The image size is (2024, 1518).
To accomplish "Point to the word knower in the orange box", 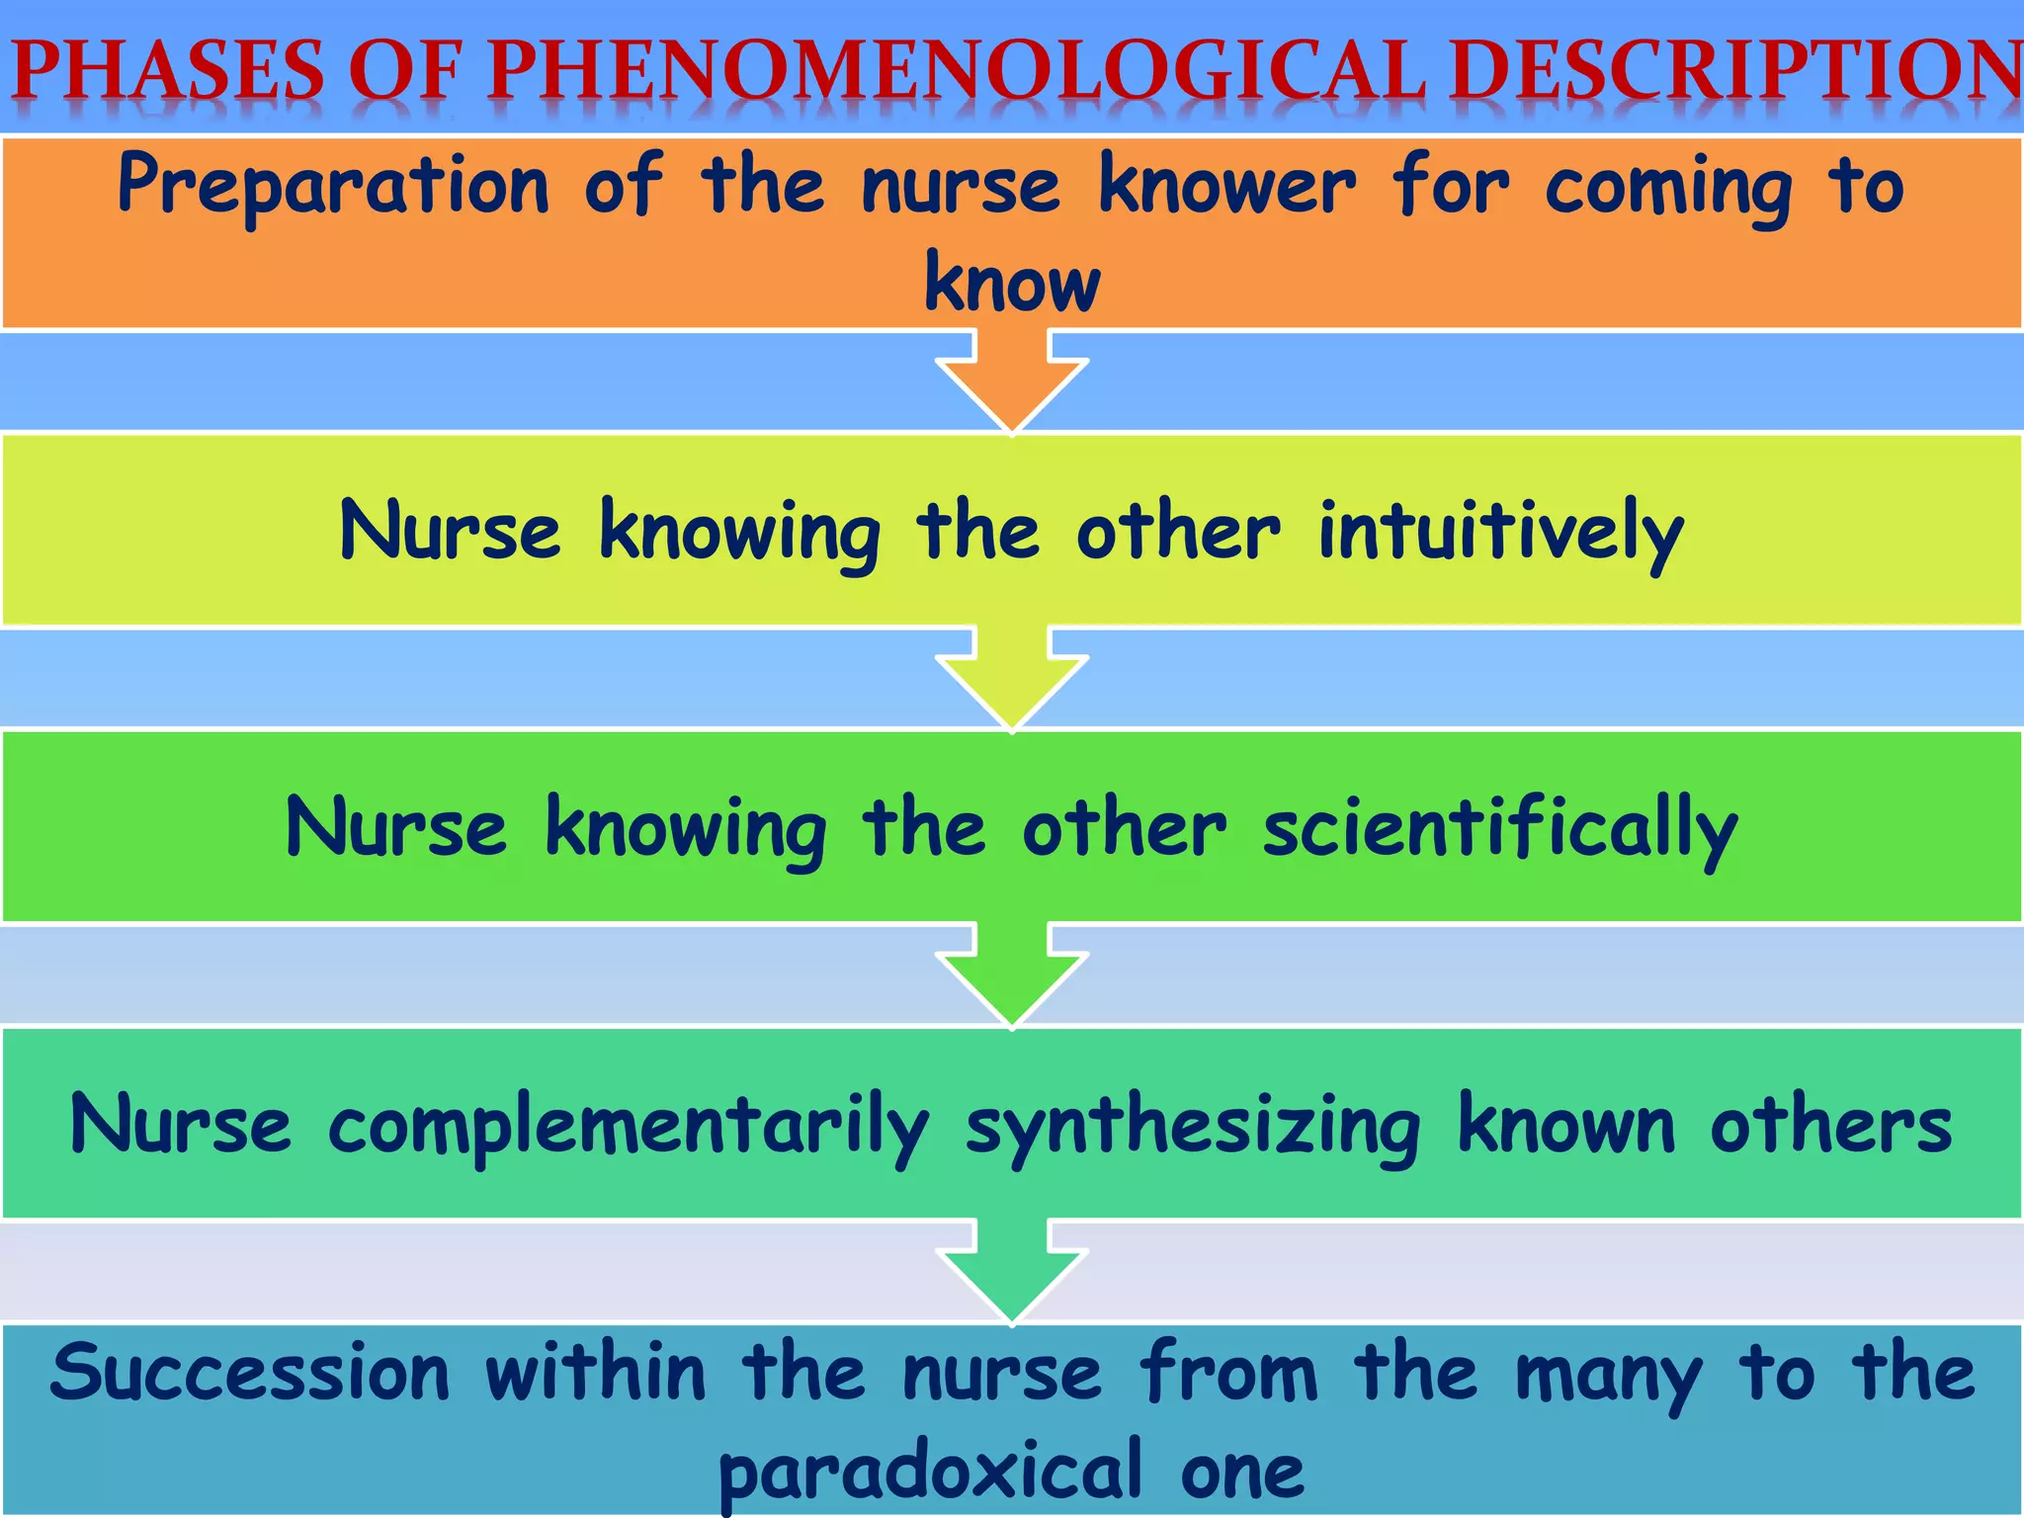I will tap(1227, 185).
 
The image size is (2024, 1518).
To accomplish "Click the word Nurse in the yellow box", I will tap(451, 531).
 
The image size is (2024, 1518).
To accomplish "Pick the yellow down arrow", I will tap(1012, 680).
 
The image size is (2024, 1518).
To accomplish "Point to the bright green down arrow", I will tap(1012, 976).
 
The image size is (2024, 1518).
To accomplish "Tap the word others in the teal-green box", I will tap(1831, 1125).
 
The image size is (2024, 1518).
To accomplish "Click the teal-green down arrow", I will tap(1012, 1273).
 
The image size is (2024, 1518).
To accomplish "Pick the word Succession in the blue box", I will tap(250, 1373).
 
